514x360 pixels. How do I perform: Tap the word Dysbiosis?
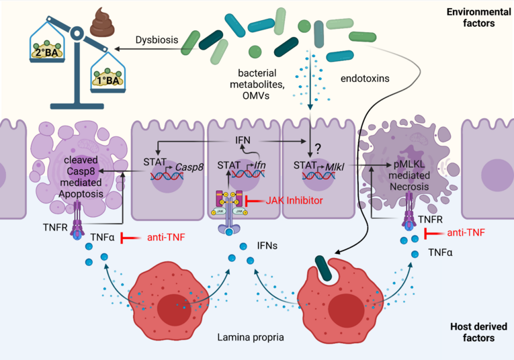(157, 40)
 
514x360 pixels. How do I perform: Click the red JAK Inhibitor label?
(294, 200)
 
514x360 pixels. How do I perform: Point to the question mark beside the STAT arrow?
(318, 149)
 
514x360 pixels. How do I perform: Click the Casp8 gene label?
(189, 167)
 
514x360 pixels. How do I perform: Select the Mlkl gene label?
(335, 167)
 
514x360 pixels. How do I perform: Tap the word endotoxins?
(365, 79)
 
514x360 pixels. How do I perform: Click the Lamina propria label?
(251, 337)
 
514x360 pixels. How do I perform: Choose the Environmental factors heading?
(478, 17)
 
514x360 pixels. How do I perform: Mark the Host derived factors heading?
(478, 332)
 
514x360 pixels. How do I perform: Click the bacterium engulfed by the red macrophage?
(324, 268)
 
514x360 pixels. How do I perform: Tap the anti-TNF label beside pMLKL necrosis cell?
(466, 232)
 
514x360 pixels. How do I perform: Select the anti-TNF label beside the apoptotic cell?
(166, 237)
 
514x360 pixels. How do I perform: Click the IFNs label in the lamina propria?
(267, 245)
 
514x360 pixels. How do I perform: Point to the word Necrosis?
(409, 187)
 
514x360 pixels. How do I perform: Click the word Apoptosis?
(81, 194)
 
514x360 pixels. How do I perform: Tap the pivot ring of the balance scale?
(77, 33)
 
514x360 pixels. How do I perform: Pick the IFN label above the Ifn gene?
(243, 140)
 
